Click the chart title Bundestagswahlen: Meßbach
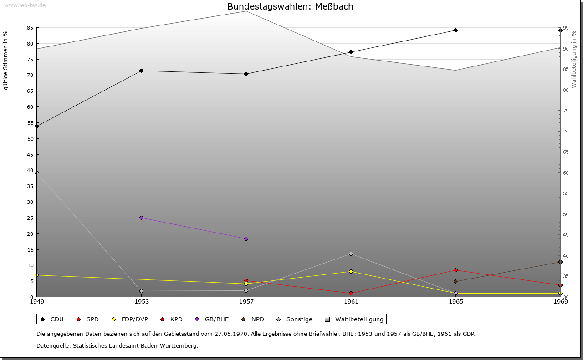(x=290, y=6)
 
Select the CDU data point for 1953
(x=141, y=71)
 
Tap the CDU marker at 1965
(x=455, y=30)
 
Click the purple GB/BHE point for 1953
(x=141, y=218)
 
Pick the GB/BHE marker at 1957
(x=246, y=238)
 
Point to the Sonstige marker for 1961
(x=351, y=254)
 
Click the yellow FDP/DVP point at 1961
(x=351, y=271)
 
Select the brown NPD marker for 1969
(x=560, y=262)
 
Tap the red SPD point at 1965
(x=455, y=270)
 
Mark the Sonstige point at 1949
(x=36, y=172)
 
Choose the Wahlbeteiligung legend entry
(x=355, y=319)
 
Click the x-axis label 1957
(x=246, y=301)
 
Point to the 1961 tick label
(x=351, y=301)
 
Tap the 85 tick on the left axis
(x=30, y=28)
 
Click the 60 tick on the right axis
(x=566, y=173)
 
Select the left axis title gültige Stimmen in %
(x=6, y=60)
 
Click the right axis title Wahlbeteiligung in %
(x=574, y=59)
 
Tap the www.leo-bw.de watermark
(x=25, y=5)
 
